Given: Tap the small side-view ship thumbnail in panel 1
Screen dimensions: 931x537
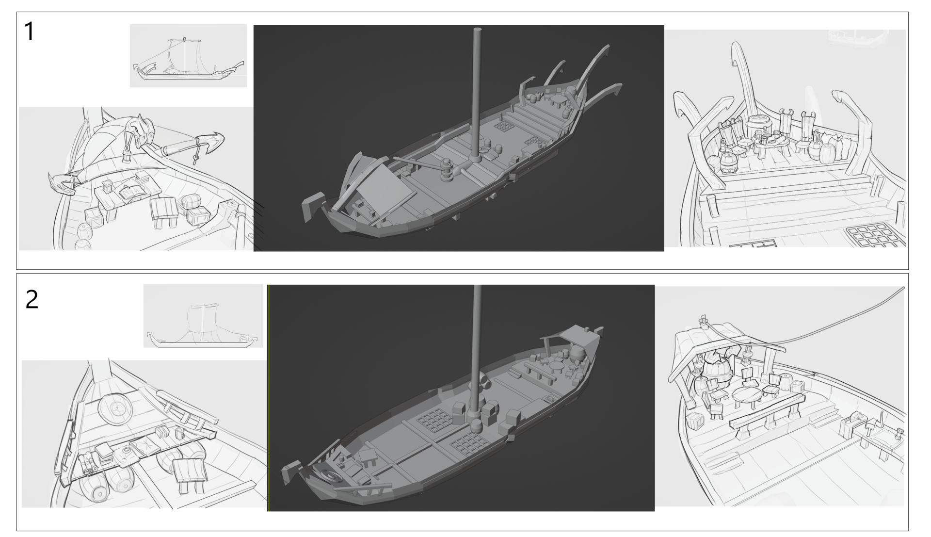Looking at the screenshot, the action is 188,56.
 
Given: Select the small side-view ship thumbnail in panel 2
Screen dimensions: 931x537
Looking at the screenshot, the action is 203,316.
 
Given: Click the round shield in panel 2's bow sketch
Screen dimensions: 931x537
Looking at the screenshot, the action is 115,410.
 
